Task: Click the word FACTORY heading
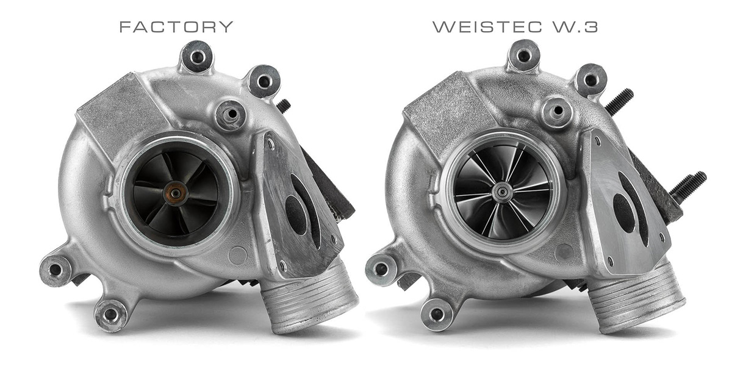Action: [x=176, y=27]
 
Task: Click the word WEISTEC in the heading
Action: [x=487, y=27]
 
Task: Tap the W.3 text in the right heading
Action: [x=575, y=27]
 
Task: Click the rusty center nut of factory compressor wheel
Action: [x=176, y=193]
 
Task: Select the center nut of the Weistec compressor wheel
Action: [x=503, y=191]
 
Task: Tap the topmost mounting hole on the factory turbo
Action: [x=197, y=57]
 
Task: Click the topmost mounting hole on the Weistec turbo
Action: [x=524, y=56]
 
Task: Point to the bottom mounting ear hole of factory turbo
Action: [x=110, y=314]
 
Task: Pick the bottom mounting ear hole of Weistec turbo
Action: [x=437, y=314]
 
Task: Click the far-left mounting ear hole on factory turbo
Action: [x=56, y=270]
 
